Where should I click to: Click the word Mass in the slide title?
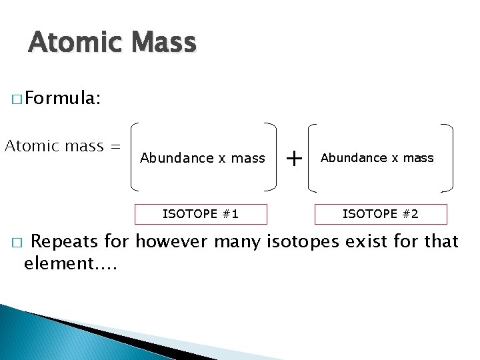point(164,43)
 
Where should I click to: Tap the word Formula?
point(63,99)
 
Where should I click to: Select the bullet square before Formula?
point(16,101)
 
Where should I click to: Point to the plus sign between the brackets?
point(293,158)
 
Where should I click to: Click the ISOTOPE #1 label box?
point(201,214)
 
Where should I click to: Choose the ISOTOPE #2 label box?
point(381,214)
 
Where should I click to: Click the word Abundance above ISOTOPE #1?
point(168,158)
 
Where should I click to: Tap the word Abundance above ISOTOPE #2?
point(353,158)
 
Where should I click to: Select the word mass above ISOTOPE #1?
point(248,159)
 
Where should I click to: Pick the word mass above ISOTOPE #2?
point(418,158)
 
